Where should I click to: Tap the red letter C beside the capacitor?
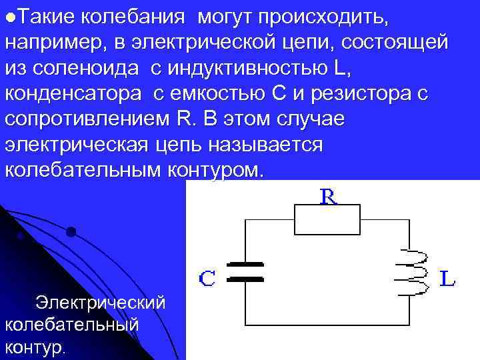pyautogui.click(x=207, y=278)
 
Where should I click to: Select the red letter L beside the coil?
pyautogui.click(x=448, y=278)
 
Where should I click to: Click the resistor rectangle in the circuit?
pyautogui.click(x=327, y=220)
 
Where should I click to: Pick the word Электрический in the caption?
pyautogui.click(x=101, y=303)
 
